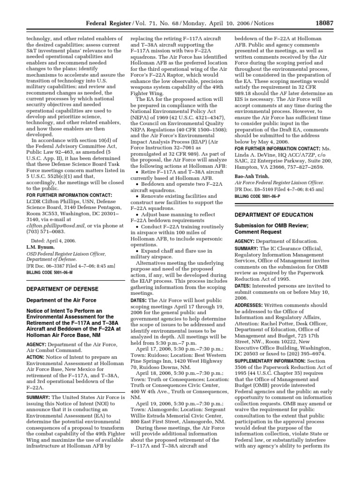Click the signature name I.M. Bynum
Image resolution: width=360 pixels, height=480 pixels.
point(40,247)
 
